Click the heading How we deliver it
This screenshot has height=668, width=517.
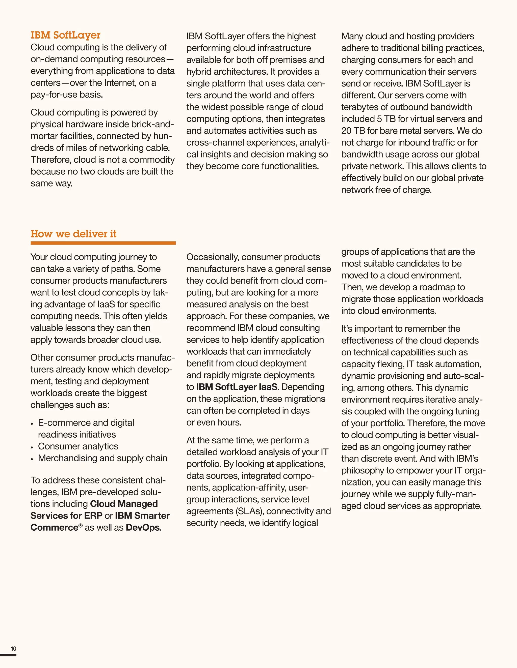coord(73,234)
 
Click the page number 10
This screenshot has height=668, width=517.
coord(13,648)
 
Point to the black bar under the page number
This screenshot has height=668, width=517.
coord(8,655)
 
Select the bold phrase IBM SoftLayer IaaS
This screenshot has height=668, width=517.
coord(237,387)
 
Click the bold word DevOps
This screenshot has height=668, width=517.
coord(143,528)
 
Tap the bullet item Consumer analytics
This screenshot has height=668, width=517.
coord(78,446)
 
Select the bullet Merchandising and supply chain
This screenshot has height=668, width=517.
coord(102,458)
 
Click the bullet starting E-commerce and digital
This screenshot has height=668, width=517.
coord(86,423)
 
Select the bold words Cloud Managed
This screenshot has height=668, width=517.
coord(124,504)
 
